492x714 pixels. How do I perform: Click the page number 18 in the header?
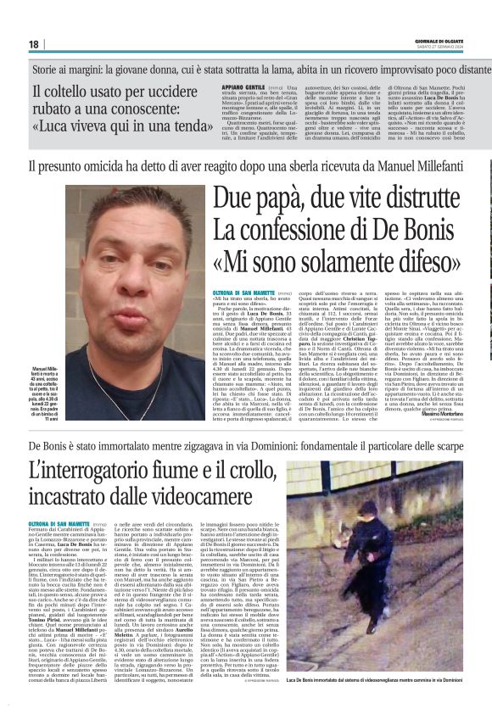(34, 44)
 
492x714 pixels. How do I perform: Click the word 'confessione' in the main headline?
(300, 231)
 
